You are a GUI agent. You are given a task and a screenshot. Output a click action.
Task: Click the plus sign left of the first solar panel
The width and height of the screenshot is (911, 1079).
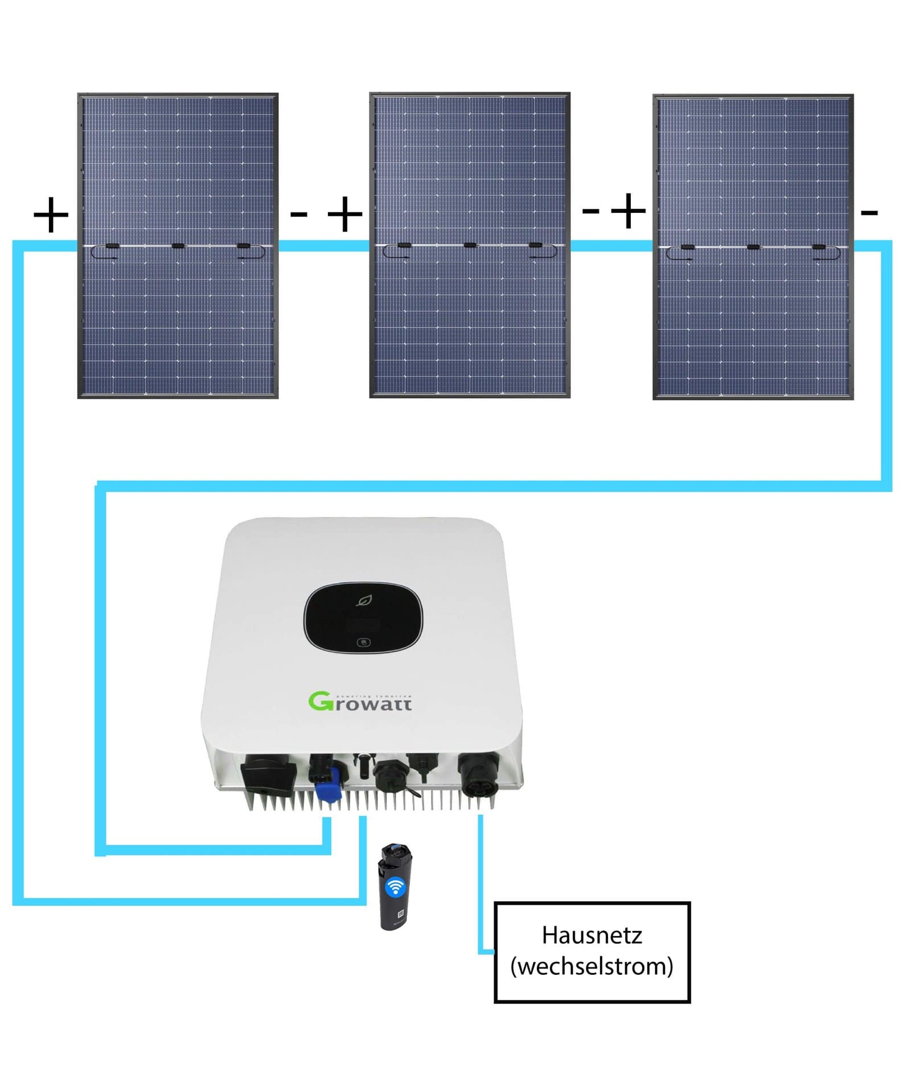pos(51,215)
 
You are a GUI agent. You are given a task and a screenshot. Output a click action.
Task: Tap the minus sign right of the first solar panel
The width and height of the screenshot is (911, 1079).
pos(299,215)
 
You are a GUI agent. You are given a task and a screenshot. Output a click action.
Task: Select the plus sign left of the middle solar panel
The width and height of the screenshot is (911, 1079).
pos(345,215)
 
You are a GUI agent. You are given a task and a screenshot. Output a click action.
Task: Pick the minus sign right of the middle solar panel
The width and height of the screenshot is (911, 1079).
pos(590,211)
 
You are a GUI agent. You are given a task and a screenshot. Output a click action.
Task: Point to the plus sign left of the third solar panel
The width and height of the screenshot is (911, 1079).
pos(629,211)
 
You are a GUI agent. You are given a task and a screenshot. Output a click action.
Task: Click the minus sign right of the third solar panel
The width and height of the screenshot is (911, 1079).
pos(869,213)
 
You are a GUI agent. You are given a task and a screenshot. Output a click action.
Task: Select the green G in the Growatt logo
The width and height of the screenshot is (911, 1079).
pos(321,701)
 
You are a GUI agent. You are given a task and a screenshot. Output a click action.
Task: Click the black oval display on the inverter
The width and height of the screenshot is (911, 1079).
pos(363,617)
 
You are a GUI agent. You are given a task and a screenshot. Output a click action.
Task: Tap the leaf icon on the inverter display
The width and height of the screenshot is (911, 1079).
pos(363,600)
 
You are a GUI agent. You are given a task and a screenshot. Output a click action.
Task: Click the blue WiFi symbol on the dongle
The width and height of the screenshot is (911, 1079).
pos(395,887)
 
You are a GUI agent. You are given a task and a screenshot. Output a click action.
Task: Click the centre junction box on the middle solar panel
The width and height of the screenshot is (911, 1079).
pos(470,245)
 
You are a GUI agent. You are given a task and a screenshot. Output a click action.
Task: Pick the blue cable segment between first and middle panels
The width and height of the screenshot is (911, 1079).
pos(323,246)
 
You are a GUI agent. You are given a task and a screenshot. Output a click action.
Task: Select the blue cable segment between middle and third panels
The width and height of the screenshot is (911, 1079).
pos(611,246)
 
